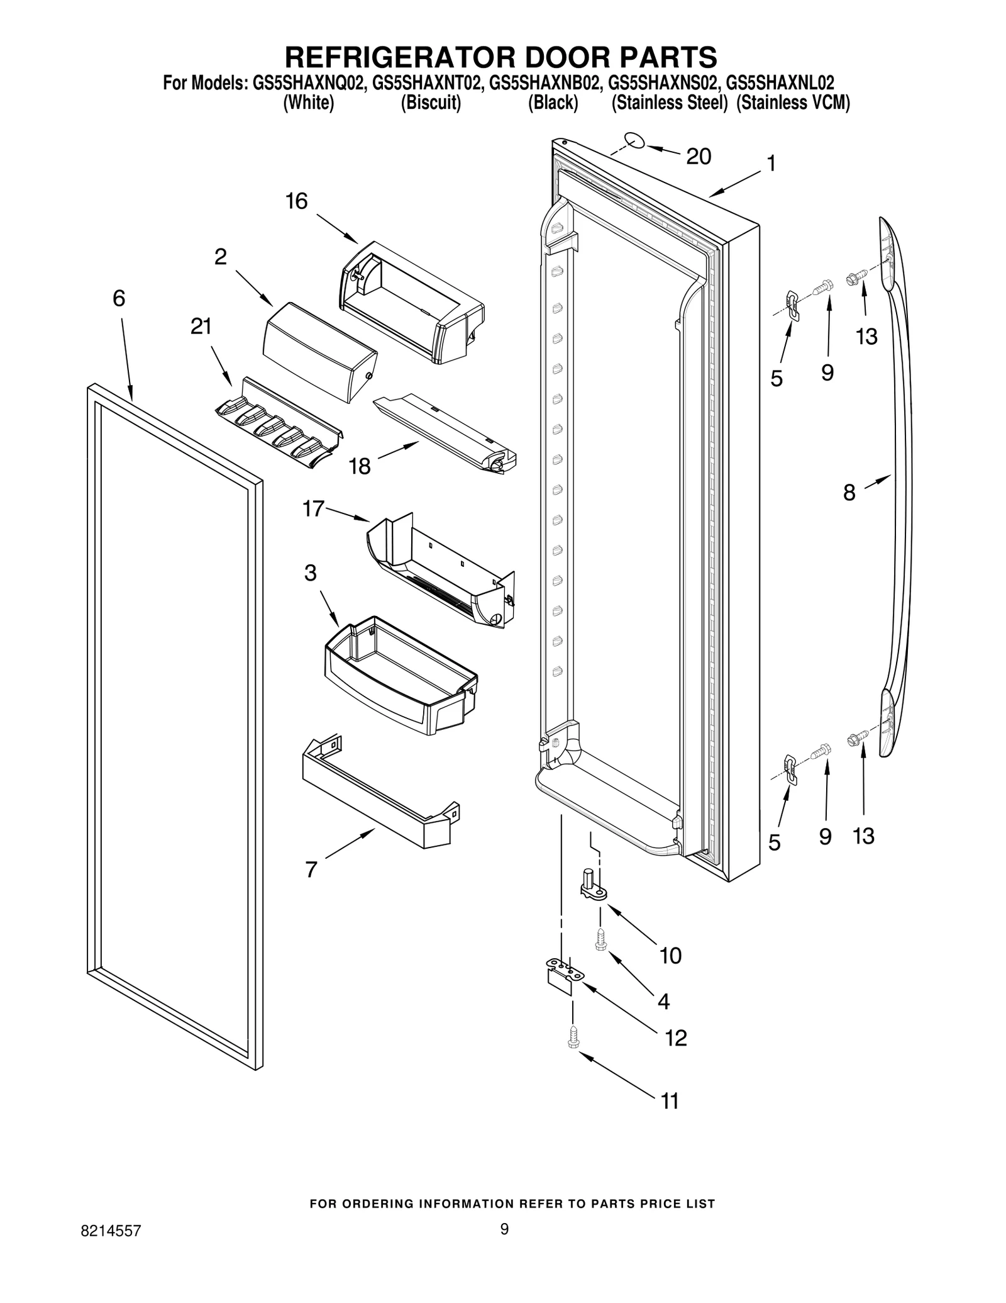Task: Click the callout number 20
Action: pyautogui.click(x=698, y=156)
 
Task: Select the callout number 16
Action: pyautogui.click(x=296, y=201)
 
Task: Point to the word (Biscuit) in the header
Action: pyautogui.click(x=431, y=103)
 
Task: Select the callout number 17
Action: pyautogui.click(x=313, y=508)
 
